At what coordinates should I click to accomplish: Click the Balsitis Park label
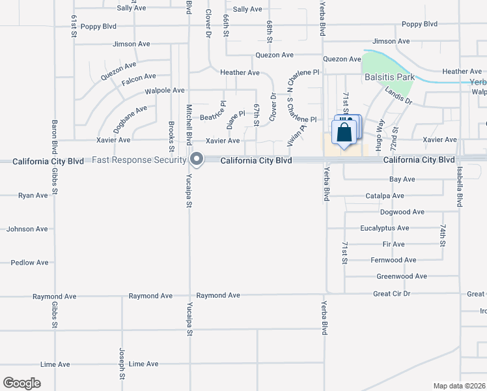click(389, 77)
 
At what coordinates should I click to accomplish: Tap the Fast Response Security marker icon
click(197, 159)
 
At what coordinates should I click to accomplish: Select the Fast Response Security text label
click(138, 160)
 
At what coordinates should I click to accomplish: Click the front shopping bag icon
click(342, 134)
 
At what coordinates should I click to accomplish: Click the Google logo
click(21, 383)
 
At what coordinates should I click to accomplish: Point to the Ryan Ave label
click(33, 195)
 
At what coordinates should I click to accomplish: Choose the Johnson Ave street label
click(27, 229)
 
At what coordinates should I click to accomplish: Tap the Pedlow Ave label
click(29, 263)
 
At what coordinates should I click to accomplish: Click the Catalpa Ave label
click(385, 195)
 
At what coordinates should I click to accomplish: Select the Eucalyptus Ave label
click(385, 228)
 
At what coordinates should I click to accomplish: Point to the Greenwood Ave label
click(402, 276)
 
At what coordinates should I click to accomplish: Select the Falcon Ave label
click(139, 77)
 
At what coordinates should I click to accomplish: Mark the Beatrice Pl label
click(216, 117)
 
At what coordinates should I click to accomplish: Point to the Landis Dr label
click(398, 96)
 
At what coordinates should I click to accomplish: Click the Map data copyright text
click(459, 386)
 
